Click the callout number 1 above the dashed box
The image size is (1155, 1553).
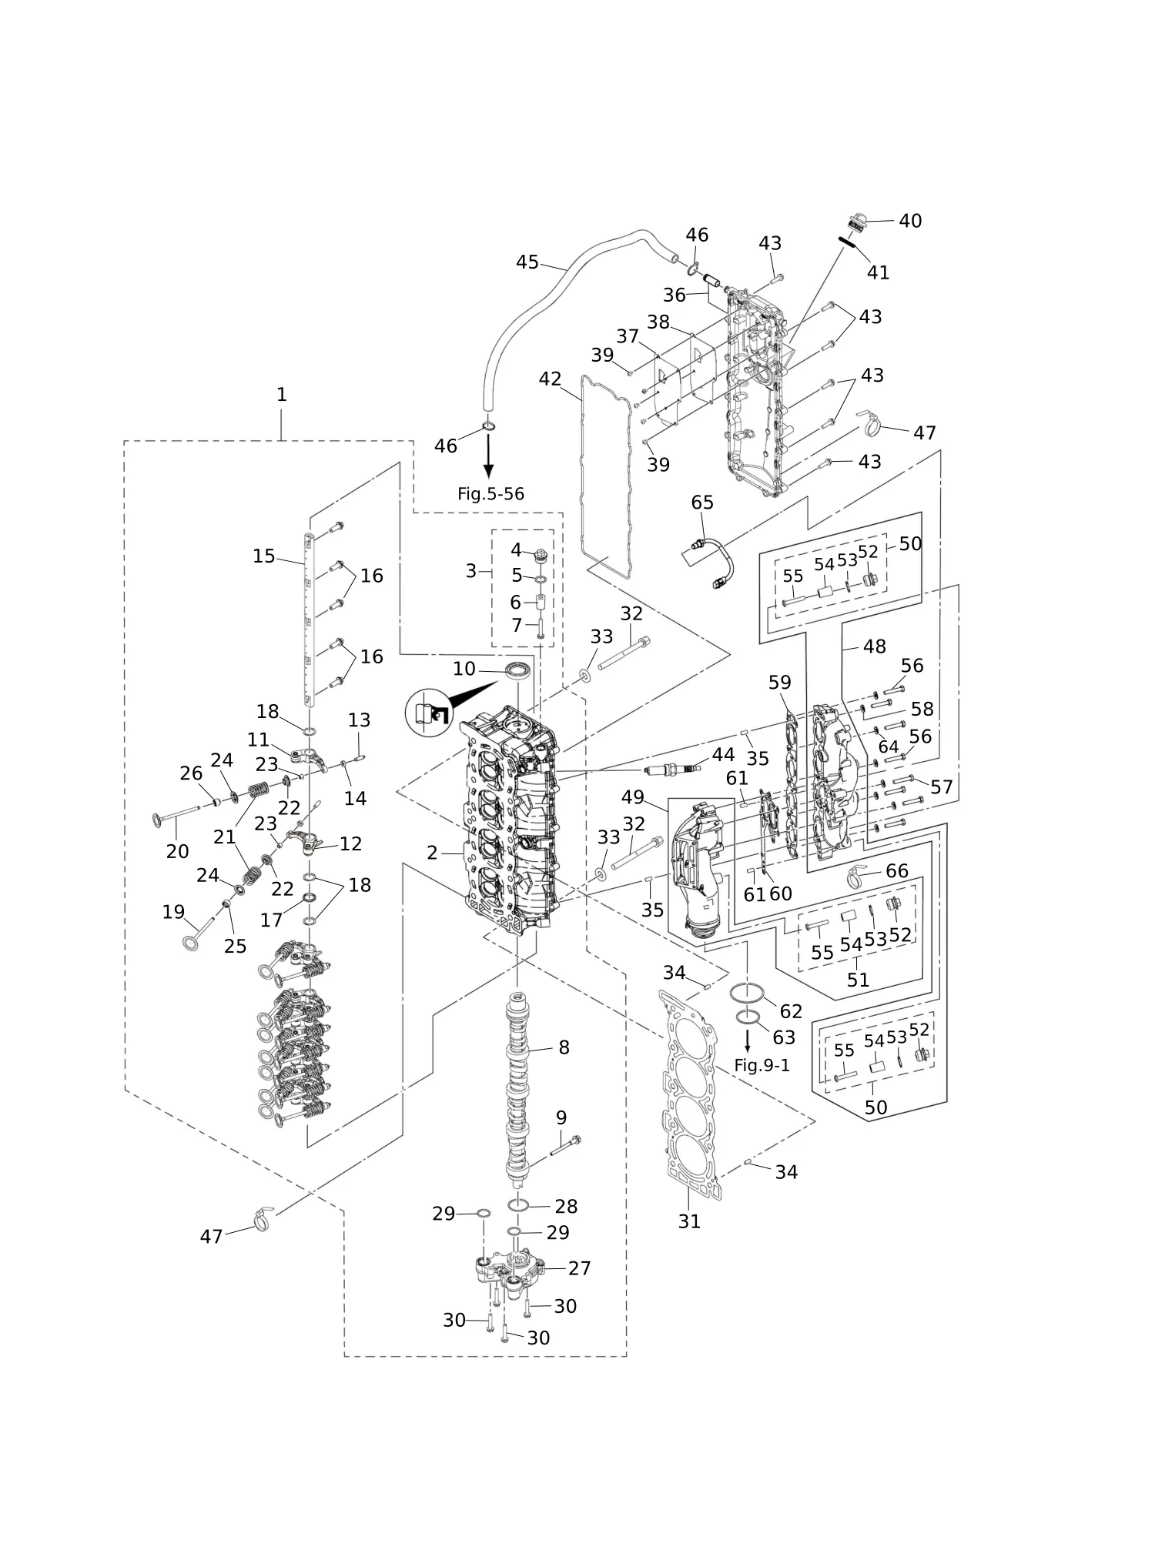click(x=281, y=395)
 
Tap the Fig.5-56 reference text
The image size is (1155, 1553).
click(x=490, y=494)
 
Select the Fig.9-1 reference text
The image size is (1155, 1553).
click(x=762, y=1065)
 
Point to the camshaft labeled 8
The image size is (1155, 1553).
click(x=518, y=1093)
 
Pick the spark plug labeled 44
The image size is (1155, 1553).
click(x=672, y=769)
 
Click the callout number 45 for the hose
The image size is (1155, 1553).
click(x=527, y=262)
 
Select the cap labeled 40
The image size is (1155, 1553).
click(x=857, y=223)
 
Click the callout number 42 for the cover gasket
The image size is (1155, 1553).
click(x=550, y=379)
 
